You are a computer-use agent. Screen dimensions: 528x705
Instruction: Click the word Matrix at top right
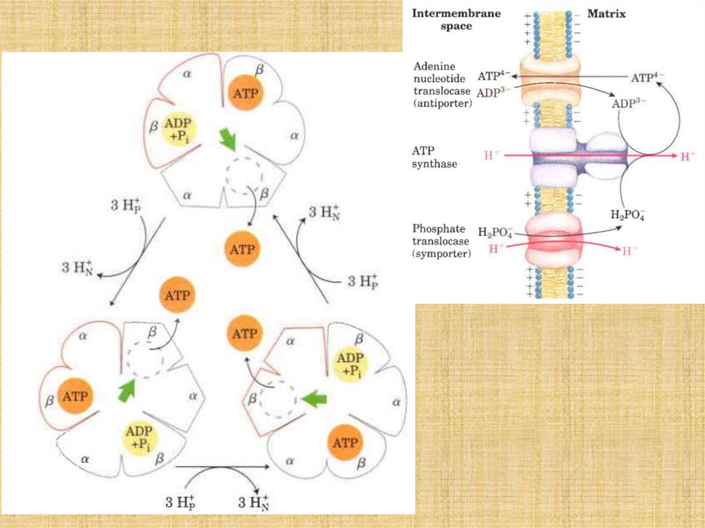point(606,13)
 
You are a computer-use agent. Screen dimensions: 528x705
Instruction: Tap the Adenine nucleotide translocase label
point(443,85)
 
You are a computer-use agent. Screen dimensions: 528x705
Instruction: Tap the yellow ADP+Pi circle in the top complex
point(178,127)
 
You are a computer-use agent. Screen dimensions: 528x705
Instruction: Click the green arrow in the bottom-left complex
point(126,390)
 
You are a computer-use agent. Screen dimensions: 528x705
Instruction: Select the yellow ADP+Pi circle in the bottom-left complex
point(140,438)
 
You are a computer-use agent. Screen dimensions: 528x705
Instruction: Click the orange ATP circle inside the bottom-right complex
point(344,443)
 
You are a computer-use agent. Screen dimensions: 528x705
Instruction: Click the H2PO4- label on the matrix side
point(627,213)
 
